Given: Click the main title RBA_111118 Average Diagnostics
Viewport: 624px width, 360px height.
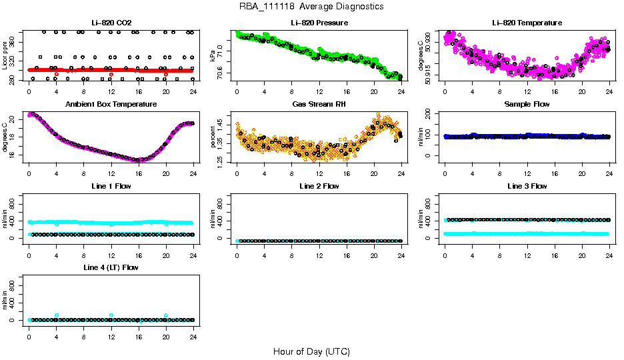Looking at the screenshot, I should click(311, 7).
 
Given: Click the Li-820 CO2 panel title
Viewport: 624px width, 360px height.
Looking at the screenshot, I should click(111, 23).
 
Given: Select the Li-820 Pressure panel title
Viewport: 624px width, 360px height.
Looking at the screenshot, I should click(319, 23).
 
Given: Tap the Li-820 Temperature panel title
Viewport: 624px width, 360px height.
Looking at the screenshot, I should click(527, 23).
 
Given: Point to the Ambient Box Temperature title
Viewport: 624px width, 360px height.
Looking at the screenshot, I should click(111, 105).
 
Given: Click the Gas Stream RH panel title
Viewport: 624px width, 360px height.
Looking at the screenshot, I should click(319, 105).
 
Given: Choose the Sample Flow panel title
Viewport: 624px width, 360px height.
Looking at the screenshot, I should click(527, 105).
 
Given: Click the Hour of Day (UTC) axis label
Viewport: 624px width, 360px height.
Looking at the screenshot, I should click(311, 351).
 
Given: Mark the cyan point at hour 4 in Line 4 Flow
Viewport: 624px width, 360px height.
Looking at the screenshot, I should click(57, 315).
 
